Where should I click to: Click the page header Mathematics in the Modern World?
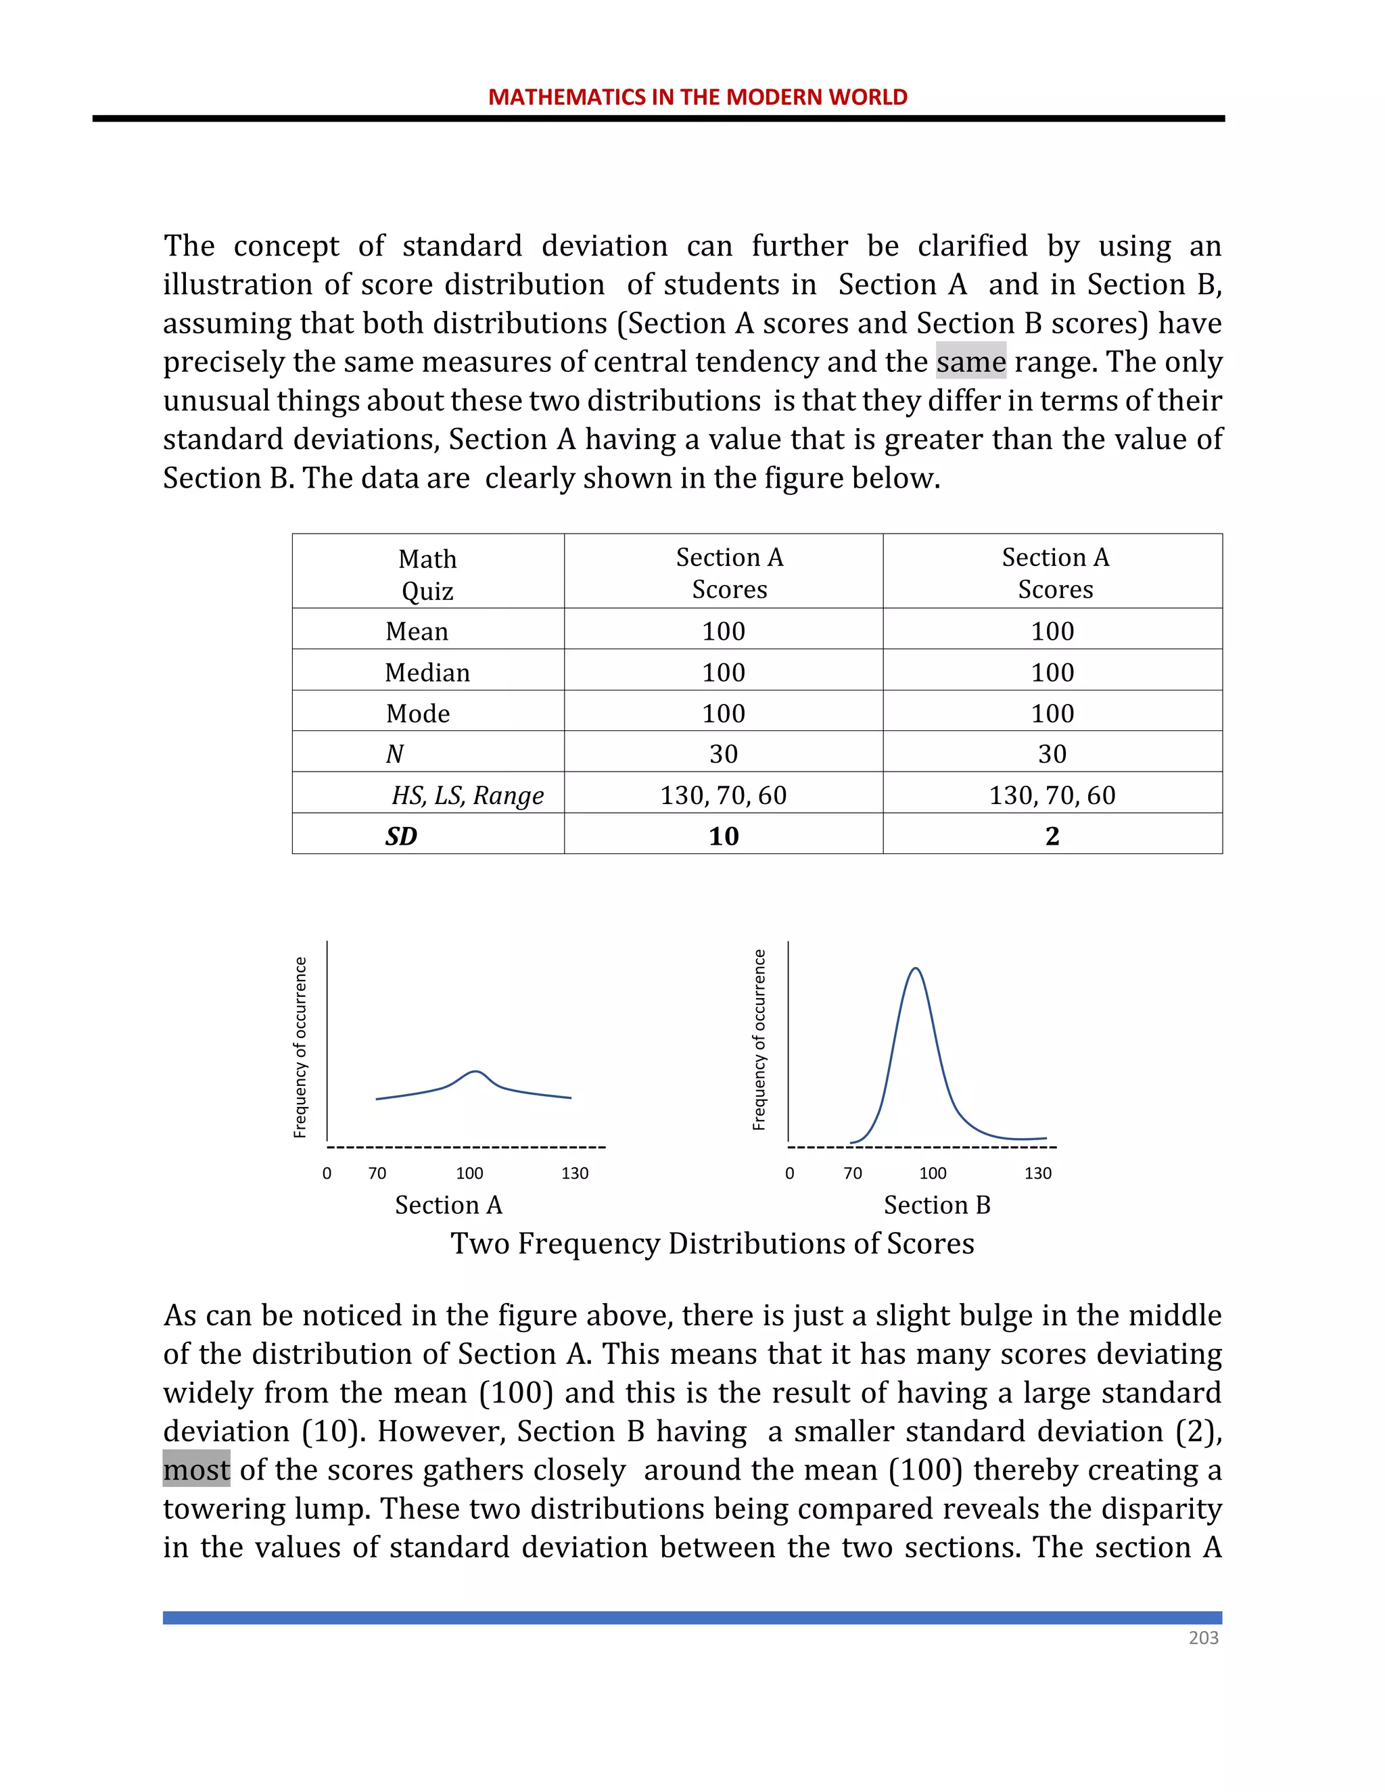coord(697,97)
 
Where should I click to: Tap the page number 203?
coord(1203,1637)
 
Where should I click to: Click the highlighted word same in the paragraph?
coord(970,362)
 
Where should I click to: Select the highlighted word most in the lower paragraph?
coord(196,1469)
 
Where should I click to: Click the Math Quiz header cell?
coord(427,573)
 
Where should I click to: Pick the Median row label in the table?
coord(427,672)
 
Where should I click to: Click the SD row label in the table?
coord(401,835)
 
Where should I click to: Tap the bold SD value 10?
coord(724,835)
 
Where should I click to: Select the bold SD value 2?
coord(1052,835)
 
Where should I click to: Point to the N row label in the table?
coord(395,753)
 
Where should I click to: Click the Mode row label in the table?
coord(418,713)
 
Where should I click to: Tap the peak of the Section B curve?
coord(916,969)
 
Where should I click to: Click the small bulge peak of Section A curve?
coord(476,1072)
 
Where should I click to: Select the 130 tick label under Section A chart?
coord(574,1173)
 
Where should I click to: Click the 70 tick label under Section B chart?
coord(853,1173)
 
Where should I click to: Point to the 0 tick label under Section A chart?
coord(327,1173)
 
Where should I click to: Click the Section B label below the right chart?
coord(937,1204)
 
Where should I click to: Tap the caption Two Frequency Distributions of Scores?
coord(712,1243)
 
